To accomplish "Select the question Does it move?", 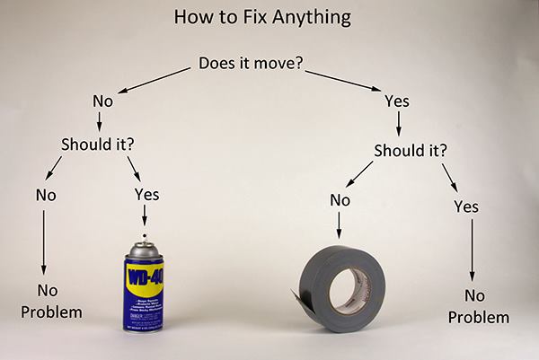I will (254, 65).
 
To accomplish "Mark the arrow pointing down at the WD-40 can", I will (145, 216).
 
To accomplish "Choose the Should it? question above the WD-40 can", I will (97, 144).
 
